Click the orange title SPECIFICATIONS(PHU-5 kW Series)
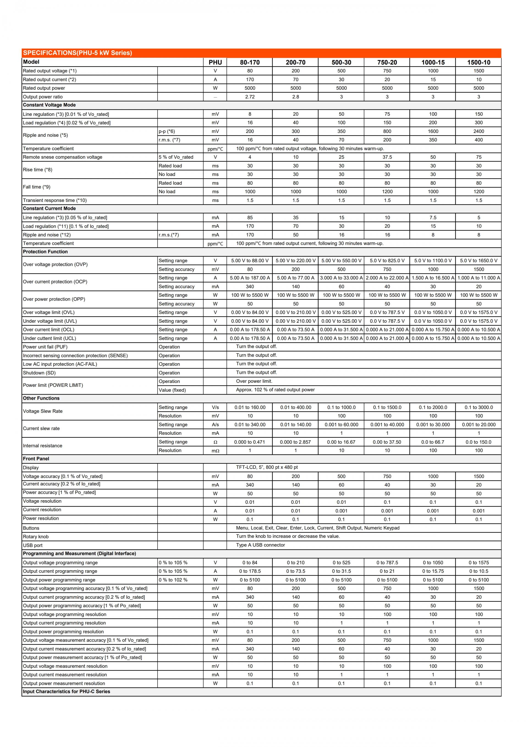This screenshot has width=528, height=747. tap(77, 53)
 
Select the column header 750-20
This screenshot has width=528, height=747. tap(387, 62)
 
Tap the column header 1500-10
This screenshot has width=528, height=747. tap(479, 62)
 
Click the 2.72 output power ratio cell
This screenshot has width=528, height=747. tap(250, 97)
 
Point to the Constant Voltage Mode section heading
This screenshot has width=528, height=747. tap(49, 105)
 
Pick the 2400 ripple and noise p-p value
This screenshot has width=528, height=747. tap(479, 131)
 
